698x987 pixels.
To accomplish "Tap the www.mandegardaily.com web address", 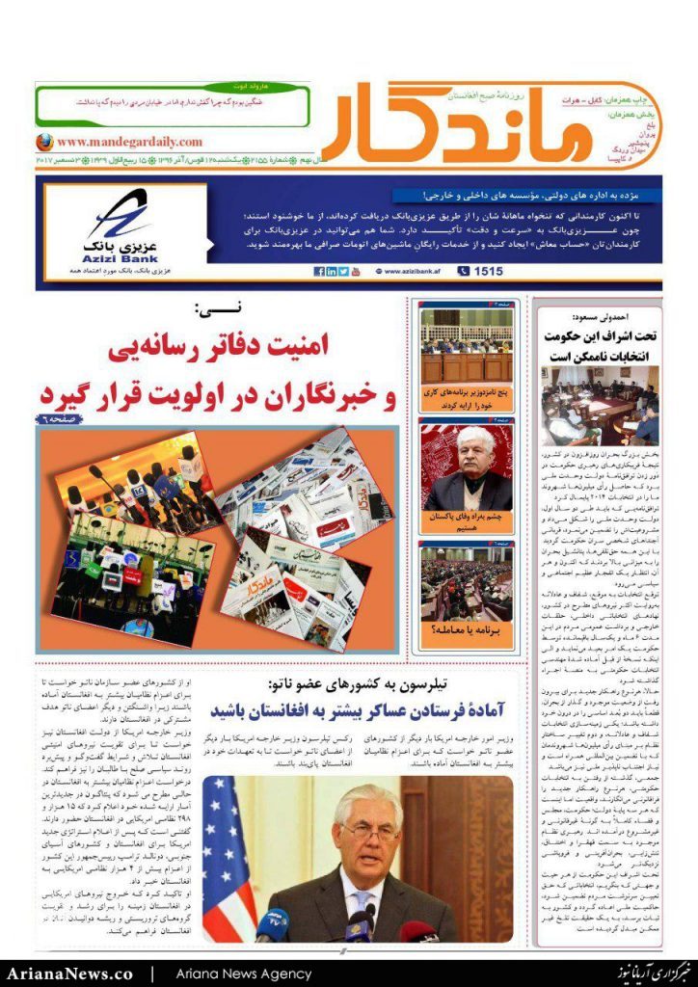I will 121,141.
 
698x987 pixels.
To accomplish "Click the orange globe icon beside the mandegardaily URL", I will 44,141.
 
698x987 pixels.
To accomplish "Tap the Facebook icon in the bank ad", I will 319,272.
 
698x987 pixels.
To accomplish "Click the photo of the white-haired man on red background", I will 467,469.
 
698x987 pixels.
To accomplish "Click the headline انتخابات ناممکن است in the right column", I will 599,356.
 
